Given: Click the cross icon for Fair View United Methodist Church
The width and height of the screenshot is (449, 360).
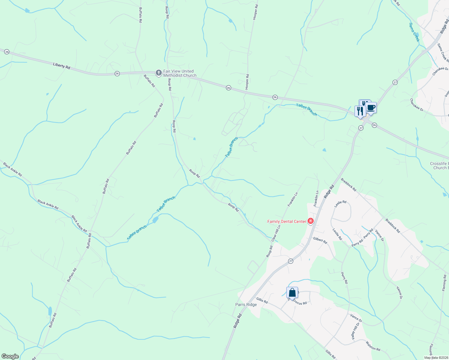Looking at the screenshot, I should (158, 73).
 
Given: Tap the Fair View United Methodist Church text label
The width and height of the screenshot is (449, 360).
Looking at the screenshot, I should (179, 73).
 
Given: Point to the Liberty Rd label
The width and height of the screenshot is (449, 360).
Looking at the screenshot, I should (62, 66).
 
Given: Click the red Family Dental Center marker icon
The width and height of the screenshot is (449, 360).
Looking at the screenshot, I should (311, 221).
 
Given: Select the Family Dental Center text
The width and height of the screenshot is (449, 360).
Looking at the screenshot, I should (287, 222).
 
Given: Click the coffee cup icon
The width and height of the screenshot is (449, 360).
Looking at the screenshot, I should (371, 108).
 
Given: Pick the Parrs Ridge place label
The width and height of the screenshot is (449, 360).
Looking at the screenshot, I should (246, 304).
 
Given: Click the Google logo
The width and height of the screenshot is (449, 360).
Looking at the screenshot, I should (10, 356).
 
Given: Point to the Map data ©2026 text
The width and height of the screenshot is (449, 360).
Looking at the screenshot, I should (436, 357).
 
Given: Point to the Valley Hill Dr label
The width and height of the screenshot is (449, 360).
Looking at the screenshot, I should (355, 331).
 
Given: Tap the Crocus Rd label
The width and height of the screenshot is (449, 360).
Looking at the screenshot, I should (300, 302).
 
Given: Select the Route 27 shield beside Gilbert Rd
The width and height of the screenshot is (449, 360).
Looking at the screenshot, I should (291, 261).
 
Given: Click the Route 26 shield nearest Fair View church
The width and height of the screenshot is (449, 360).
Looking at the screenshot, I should (117, 73).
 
